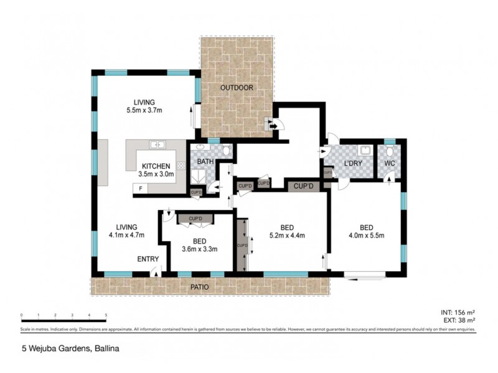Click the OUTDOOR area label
[x=237, y=88]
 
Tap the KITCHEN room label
[x=156, y=166]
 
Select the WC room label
[x=389, y=163]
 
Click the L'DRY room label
[x=353, y=163]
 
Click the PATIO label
[x=200, y=287]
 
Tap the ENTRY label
[x=148, y=259]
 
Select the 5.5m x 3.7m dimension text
[x=144, y=111]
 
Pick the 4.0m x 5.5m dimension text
[x=366, y=235]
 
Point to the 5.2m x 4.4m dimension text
[x=287, y=235]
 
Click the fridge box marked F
[x=141, y=188]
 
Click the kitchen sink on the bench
[x=157, y=145]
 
